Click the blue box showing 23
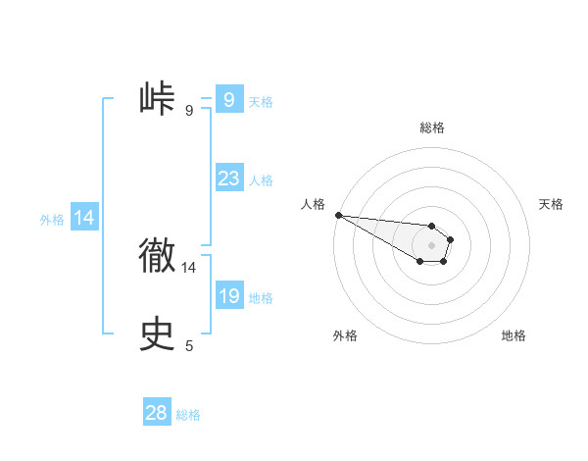coord(228,179)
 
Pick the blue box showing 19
coord(228,296)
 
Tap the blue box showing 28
coord(157,413)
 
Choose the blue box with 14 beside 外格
coord(84,219)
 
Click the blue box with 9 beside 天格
coord(228,100)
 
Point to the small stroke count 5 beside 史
coord(189,345)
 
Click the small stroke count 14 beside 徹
coord(189,267)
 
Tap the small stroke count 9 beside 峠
coord(189,110)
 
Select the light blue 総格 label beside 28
coord(188,415)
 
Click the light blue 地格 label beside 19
coord(261,298)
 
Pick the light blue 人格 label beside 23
coord(261,180)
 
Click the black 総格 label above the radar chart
coord(432,128)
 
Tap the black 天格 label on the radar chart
coord(551,204)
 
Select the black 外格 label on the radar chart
coord(345,335)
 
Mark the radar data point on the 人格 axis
coord(338,215)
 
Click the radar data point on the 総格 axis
coord(432,226)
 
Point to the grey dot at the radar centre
coord(432,245)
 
